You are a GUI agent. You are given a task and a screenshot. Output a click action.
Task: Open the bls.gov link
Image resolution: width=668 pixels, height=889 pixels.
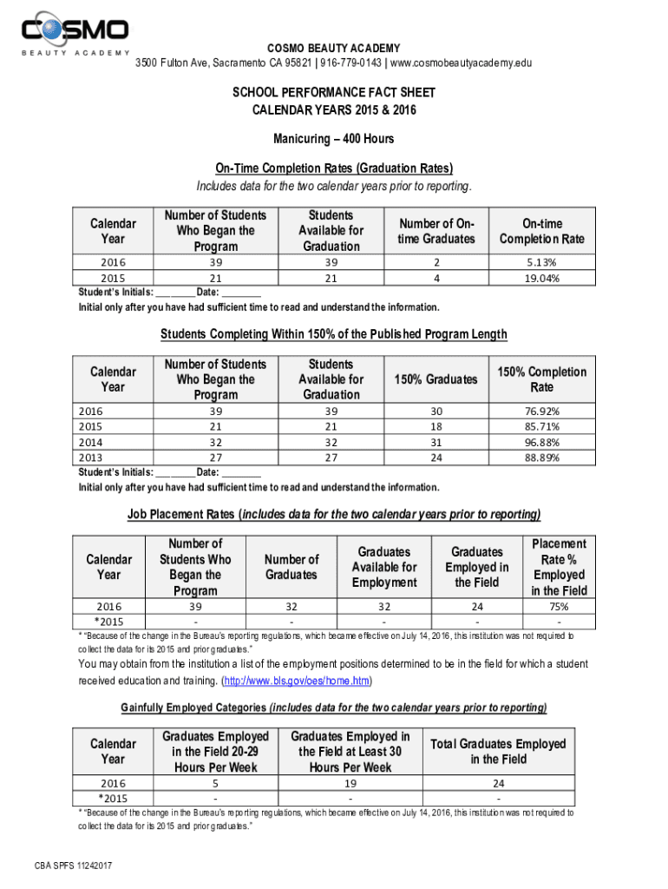(298, 680)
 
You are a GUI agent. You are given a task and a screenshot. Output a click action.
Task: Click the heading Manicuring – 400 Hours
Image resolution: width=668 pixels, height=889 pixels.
(333, 139)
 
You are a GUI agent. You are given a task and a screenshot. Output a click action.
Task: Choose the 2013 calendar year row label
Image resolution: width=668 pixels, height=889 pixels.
(90, 458)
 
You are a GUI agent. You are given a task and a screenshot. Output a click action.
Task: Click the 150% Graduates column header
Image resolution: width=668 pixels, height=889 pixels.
(436, 379)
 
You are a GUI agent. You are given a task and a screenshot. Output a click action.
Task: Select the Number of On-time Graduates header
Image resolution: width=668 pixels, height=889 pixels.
(436, 231)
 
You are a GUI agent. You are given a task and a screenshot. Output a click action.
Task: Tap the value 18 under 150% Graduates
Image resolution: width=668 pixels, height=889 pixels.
(436, 426)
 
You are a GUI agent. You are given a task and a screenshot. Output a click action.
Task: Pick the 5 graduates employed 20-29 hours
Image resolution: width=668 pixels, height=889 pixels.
(215, 783)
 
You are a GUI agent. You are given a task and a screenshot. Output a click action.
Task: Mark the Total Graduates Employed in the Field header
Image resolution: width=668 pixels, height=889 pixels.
(498, 751)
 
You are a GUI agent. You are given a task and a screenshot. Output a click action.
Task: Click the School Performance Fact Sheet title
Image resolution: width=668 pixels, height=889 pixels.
(333, 92)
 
